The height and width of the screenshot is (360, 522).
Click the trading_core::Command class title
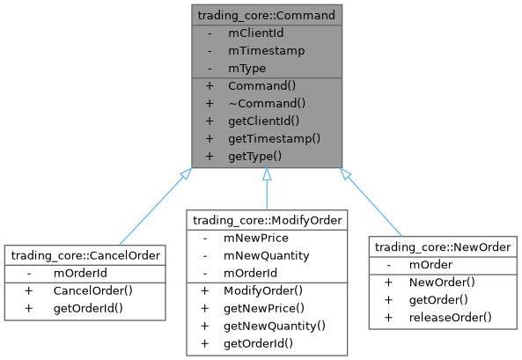pyautogui.click(x=266, y=15)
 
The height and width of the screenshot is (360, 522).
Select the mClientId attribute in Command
pyautogui.click(x=256, y=33)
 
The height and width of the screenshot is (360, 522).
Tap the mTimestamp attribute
pyautogui.click(x=266, y=50)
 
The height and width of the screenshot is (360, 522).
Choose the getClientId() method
pyautogui.click(x=264, y=121)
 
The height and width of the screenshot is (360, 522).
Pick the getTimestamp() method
pyautogui.click(x=273, y=138)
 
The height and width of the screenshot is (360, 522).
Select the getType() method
pyautogui.click(x=254, y=156)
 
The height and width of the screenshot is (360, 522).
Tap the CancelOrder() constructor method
pyautogui.click(x=92, y=290)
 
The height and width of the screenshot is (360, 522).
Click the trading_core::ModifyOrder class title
pyautogui.click(x=266, y=220)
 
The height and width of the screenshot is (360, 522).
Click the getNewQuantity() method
pyautogui.click(x=274, y=325)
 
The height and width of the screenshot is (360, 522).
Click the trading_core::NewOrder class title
pyautogui.click(x=442, y=247)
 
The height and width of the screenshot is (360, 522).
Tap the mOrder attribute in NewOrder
pyautogui.click(x=430, y=265)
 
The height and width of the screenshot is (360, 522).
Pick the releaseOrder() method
pyautogui.click(x=450, y=317)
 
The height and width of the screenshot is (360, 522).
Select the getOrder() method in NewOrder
pyautogui.click(x=437, y=299)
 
